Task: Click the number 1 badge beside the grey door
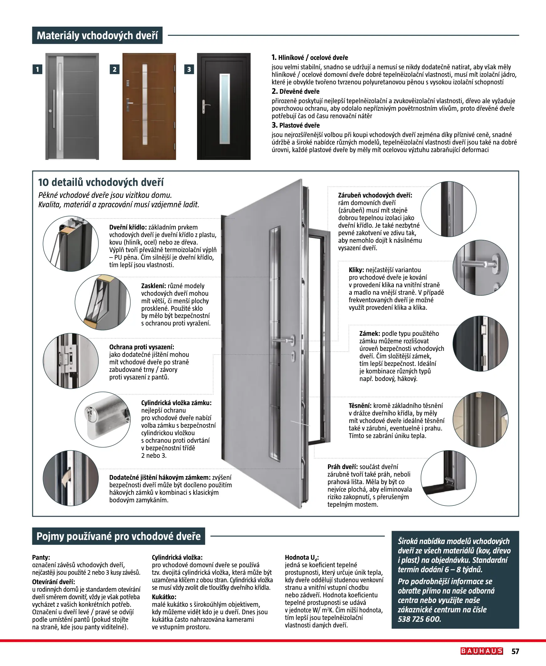tap(37, 69)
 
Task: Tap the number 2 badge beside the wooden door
tap(114, 69)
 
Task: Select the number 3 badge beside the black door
tap(189, 69)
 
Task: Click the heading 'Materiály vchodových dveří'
tap(97, 35)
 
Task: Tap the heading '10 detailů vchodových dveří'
tap(101, 182)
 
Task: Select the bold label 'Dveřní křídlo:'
tap(128, 227)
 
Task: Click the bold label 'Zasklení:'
tap(153, 286)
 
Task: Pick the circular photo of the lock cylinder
tap(102, 420)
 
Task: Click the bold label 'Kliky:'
tap(356, 270)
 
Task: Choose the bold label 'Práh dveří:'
tap(342, 467)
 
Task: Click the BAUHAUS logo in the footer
tap(482, 651)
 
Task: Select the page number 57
tap(515, 651)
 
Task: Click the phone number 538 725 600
tap(419, 619)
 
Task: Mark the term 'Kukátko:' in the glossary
tap(164, 597)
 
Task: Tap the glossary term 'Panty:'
tap(41, 558)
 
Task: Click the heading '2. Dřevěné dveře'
tap(296, 92)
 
